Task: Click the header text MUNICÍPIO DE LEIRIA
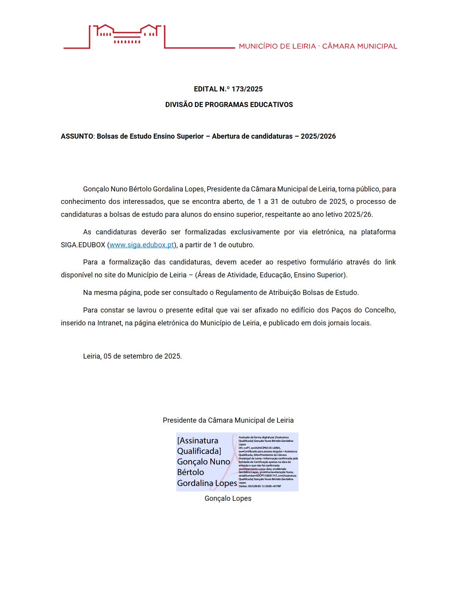click(277, 46)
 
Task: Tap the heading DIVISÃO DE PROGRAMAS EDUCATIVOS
click(229, 105)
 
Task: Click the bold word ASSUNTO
click(77, 136)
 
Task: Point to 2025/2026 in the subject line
click(318, 136)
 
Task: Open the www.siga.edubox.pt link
click(141, 245)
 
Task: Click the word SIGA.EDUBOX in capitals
click(83, 245)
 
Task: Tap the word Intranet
click(109, 323)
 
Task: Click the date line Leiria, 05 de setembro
click(132, 356)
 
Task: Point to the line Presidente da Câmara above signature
click(228, 420)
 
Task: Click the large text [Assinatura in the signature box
click(198, 441)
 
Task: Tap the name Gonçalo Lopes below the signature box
click(228, 498)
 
